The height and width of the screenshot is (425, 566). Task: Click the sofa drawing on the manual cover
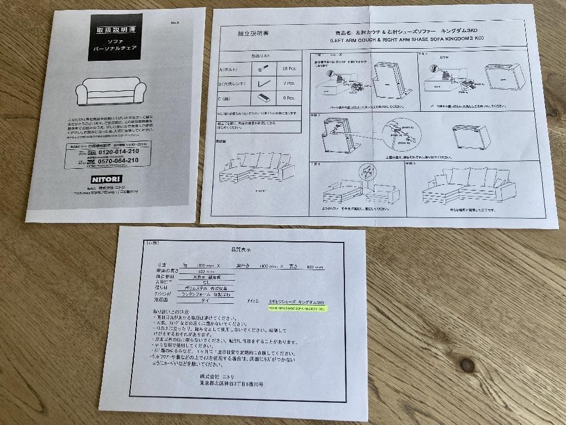pyautogui.click(x=111, y=93)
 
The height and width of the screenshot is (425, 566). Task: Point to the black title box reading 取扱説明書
pyautogui.click(x=115, y=37)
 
